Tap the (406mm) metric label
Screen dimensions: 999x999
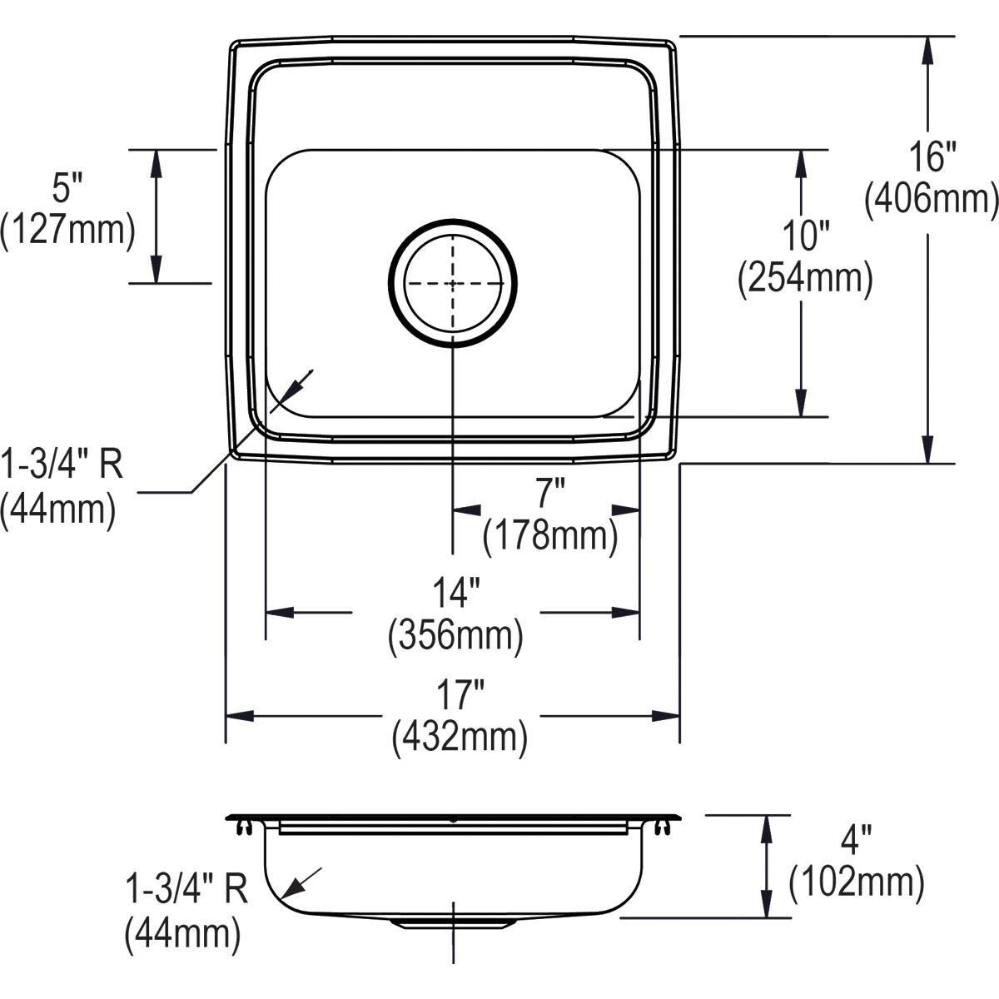(x=931, y=200)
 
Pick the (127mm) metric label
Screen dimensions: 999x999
(x=67, y=230)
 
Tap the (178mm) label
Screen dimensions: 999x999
(x=550, y=536)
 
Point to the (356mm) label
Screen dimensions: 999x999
(x=455, y=636)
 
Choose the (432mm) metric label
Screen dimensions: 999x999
(x=460, y=737)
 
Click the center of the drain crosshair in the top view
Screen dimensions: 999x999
(x=452, y=283)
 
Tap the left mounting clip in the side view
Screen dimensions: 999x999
(x=243, y=827)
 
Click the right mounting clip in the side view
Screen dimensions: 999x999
(x=662, y=827)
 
